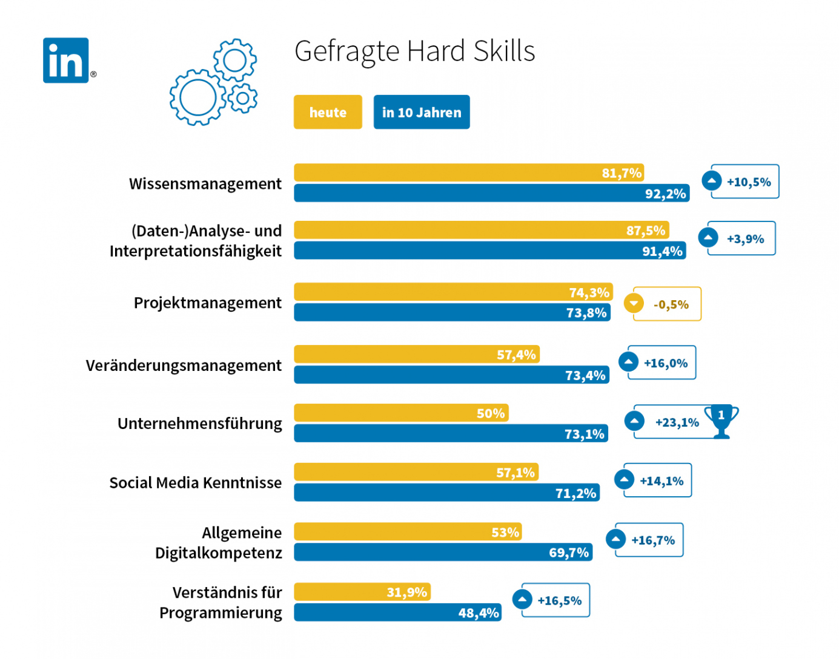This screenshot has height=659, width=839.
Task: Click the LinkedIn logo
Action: pos(65,61)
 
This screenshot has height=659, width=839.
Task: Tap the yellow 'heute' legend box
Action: pos(328,112)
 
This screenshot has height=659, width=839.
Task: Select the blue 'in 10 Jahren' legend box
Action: pos(422,112)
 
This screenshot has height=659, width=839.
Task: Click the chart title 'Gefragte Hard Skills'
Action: pos(414,51)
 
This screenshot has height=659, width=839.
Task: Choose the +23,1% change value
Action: pos(677,422)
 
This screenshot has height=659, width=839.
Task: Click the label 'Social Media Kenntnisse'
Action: pos(195,483)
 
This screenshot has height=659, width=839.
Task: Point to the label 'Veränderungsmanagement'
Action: pos(184,366)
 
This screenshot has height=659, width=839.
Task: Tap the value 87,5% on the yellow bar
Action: pos(646,231)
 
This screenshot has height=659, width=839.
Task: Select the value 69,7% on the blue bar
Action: pos(569,552)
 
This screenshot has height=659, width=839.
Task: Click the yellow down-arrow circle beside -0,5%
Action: pos(634,303)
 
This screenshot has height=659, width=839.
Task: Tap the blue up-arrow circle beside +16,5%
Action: pos(522,599)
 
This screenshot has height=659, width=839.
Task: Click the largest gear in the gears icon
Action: pos(197,97)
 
